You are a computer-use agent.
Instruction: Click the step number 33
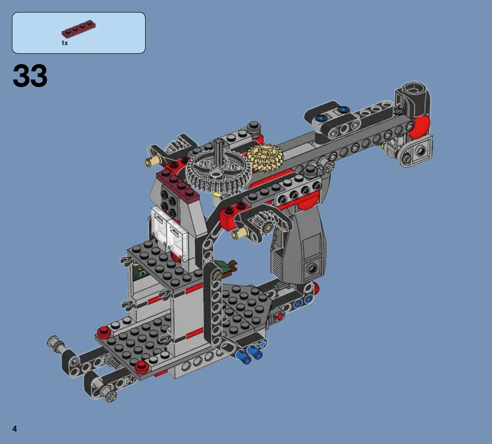coord(30,76)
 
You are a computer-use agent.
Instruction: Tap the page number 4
coord(15,429)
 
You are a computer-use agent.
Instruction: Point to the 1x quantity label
coord(65,43)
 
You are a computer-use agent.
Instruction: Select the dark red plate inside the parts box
coord(78,30)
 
